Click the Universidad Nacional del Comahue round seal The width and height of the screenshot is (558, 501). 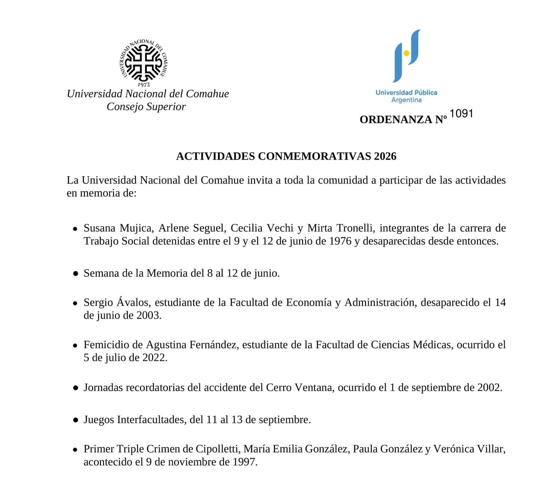[143, 62]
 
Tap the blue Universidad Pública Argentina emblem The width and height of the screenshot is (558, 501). [406, 56]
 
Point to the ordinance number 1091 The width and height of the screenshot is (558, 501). [461, 114]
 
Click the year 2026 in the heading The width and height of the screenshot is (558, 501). [385, 156]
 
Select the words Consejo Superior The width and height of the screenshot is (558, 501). [146, 107]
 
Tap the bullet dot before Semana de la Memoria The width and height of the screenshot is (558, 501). [76, 273]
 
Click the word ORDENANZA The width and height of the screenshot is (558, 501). [396, 120]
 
